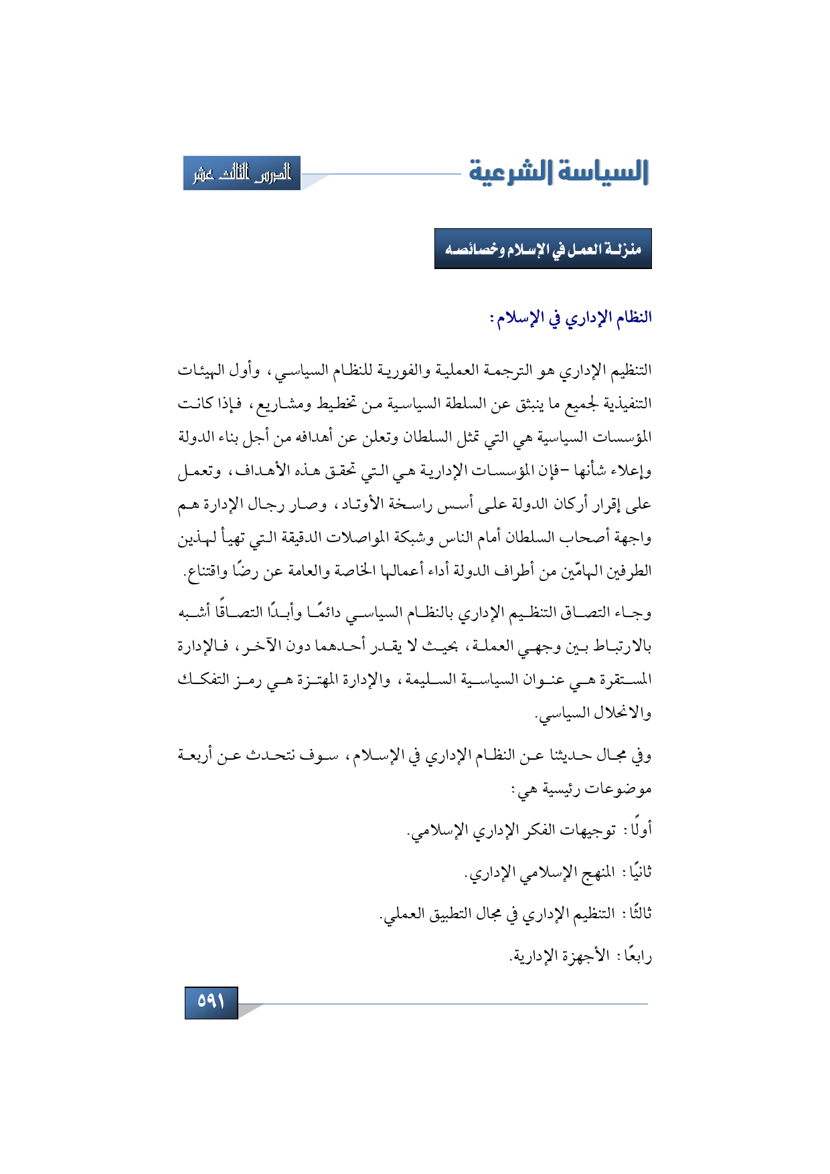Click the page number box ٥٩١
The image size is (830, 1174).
211,1001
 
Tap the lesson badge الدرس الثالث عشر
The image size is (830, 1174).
242,173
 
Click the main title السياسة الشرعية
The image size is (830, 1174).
559,172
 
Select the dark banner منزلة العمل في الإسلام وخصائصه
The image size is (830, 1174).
543,249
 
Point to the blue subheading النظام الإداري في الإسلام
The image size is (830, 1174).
571,317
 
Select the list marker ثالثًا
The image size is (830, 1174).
638,914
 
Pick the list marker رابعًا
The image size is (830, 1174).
637,956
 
